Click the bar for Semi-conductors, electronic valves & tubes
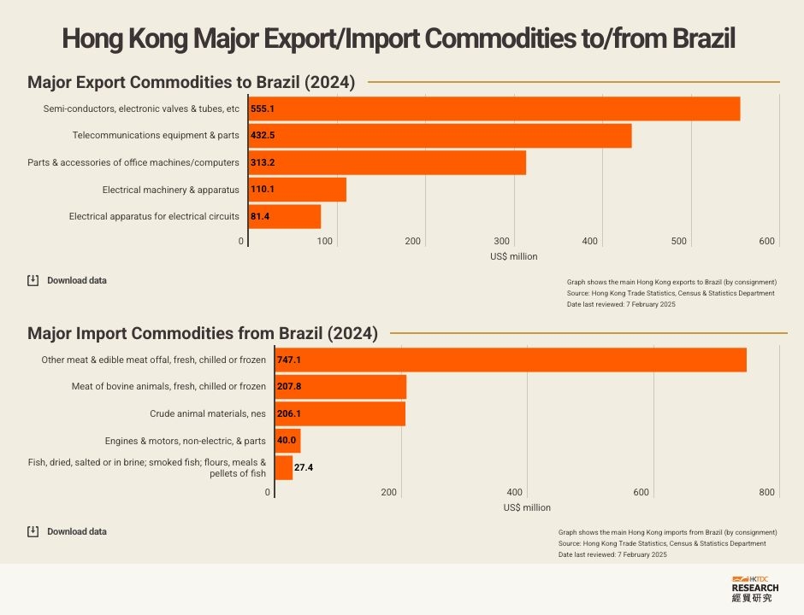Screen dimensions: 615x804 click(494, 109)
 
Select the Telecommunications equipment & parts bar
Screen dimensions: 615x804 click(440, 136)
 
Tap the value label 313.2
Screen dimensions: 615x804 click(263, 162)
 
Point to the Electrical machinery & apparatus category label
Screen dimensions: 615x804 click(170, 190)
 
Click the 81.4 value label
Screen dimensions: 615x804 click(260, 216)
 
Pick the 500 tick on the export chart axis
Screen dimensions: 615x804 click(679, 242)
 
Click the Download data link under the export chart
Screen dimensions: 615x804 click(76, 280)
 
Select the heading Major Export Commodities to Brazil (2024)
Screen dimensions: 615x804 click(191, 83)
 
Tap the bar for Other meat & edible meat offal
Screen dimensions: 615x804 click(511, 360)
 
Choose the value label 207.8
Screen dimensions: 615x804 click(289, 387)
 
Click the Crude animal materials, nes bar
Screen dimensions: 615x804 click(340, 413)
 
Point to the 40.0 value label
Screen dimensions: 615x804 click(287, 441)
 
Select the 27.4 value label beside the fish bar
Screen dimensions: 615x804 click(304, 468)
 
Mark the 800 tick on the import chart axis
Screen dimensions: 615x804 click(766, 492)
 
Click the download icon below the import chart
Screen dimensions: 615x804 click(33, 531)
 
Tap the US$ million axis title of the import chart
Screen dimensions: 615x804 click(527, 507)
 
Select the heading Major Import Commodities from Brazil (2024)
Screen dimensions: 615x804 click(203, 333)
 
